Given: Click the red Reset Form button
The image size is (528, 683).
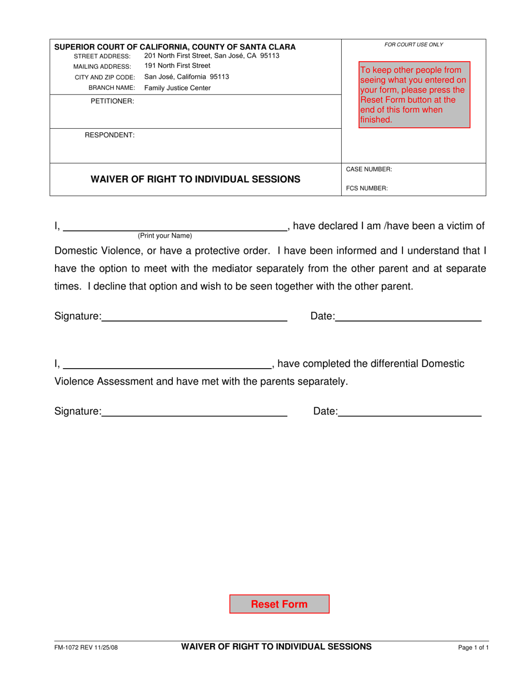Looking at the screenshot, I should [279, 604].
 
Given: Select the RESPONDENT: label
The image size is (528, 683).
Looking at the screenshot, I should [109, 135].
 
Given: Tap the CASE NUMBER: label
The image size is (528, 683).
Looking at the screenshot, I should [369, 169].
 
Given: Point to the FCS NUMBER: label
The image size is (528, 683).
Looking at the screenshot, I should [367, 188].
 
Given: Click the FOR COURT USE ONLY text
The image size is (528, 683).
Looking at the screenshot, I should [414, 44].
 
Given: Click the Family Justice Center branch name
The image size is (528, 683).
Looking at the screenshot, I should [177, 88].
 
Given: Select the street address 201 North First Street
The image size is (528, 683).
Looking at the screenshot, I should [211, 56].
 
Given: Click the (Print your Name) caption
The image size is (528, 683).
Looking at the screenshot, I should [165, 235].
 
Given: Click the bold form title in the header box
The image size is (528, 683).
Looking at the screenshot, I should [196, 179].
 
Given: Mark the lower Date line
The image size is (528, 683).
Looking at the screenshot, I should [410, 412].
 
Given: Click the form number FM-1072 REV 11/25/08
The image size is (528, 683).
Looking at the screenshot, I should [86, 647].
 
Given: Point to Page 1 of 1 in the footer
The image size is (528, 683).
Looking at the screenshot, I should [474, 647].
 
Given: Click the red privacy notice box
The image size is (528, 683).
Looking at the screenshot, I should [414, 94].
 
